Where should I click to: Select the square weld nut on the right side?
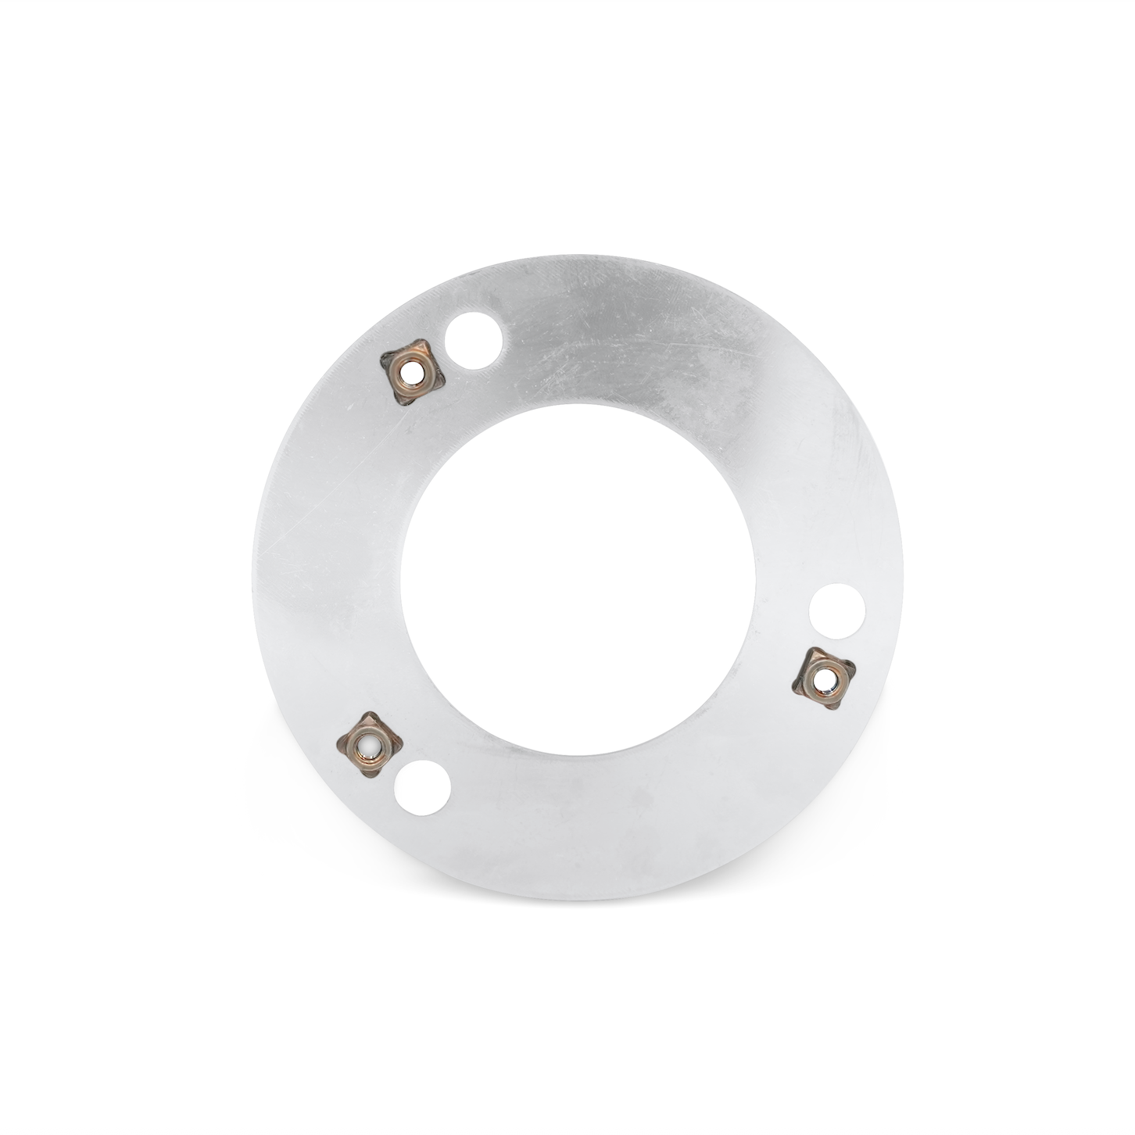pyautogui.click(x=825, y=679)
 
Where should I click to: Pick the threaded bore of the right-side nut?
pyautogui.click(x=825, y=679)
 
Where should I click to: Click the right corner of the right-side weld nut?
pyautogui.click(x=855, y=670)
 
